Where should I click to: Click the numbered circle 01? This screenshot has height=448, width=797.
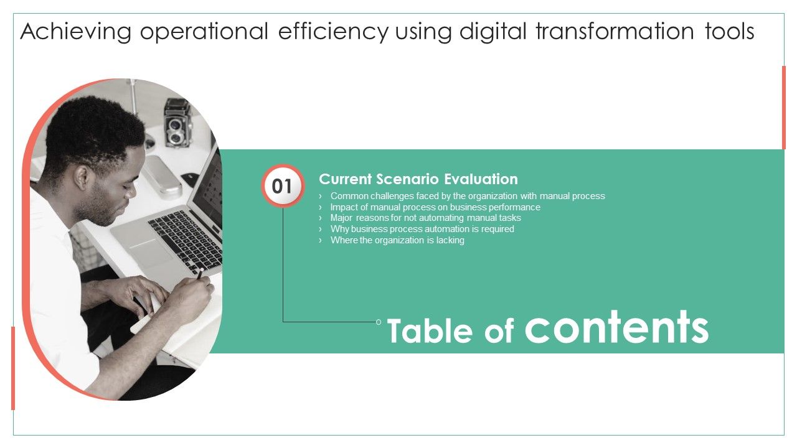283,186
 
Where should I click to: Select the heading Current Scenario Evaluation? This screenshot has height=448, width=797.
418,179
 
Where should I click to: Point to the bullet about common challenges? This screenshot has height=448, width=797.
467,196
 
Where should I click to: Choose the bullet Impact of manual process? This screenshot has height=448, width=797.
435,207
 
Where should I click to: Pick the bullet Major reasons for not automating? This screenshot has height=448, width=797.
425,218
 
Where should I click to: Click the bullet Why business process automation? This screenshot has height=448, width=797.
422,229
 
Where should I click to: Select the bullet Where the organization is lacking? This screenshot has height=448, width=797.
397,240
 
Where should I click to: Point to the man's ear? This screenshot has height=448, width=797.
82,178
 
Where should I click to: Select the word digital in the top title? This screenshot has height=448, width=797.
494,31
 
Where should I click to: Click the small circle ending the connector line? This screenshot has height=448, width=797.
379,322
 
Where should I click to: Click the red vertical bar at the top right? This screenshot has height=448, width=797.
783,107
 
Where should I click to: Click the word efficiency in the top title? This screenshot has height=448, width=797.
333,31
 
